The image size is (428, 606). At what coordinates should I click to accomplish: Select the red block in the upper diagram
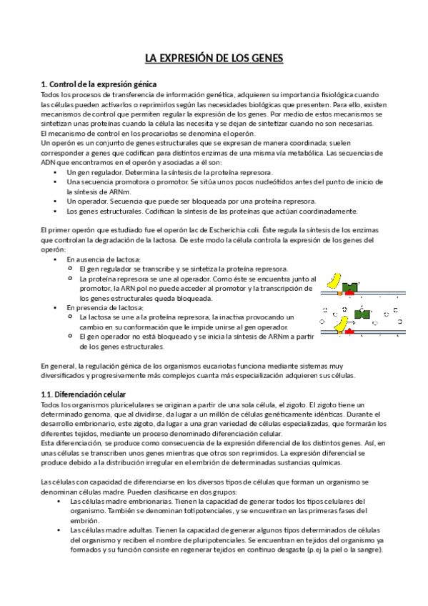[x=350, y=293]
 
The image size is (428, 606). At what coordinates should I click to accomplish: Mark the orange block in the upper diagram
[x=339, y=293]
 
